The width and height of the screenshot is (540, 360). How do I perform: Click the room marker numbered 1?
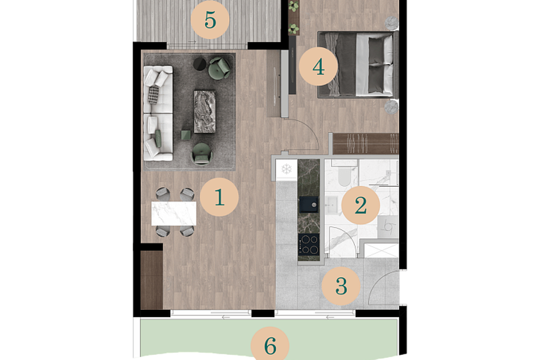[219, 197]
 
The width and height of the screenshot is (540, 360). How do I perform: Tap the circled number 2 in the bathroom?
[361, 205]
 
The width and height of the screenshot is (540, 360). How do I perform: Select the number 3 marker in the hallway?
[341, 286]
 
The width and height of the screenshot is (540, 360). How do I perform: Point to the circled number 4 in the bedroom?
[318, 67]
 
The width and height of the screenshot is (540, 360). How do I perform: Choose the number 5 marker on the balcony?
[210, 19]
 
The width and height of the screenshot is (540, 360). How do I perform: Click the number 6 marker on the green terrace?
[270, 345]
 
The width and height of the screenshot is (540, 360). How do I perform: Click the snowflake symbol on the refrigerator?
[287, 169]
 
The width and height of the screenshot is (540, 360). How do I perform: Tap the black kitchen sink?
[309, 204]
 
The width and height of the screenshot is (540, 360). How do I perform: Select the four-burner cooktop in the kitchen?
[309, 244]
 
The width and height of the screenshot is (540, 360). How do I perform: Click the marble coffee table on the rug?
[204, 111]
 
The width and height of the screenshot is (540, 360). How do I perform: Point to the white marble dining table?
[174, 214]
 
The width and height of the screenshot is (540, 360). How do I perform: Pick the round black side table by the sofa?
[200, 64]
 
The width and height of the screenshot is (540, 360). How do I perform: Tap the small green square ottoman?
[186, 135]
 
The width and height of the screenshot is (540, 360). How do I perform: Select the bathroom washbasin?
[332, 204]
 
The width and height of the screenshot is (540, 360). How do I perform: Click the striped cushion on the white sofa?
[153, 95]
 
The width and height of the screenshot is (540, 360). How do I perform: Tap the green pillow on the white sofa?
[158, 138]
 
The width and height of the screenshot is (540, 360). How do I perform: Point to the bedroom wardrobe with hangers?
[366, 144]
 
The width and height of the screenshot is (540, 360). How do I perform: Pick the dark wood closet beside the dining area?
[152, 280]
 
